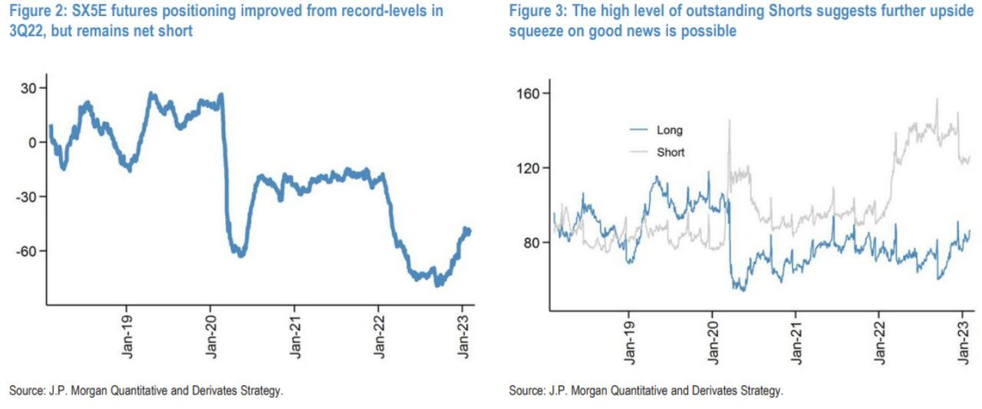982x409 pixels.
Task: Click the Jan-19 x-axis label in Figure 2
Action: [127, 338]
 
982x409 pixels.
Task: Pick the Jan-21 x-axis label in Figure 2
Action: [295, 338]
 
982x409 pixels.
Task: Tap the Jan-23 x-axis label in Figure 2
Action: [463, 338]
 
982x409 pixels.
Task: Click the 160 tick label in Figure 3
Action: [529, 94]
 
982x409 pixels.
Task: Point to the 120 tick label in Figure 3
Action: [529, 168]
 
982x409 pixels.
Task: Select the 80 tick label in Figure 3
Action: [532, 242]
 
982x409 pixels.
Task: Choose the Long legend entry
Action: [669, 130]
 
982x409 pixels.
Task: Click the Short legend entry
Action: [671, 152]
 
